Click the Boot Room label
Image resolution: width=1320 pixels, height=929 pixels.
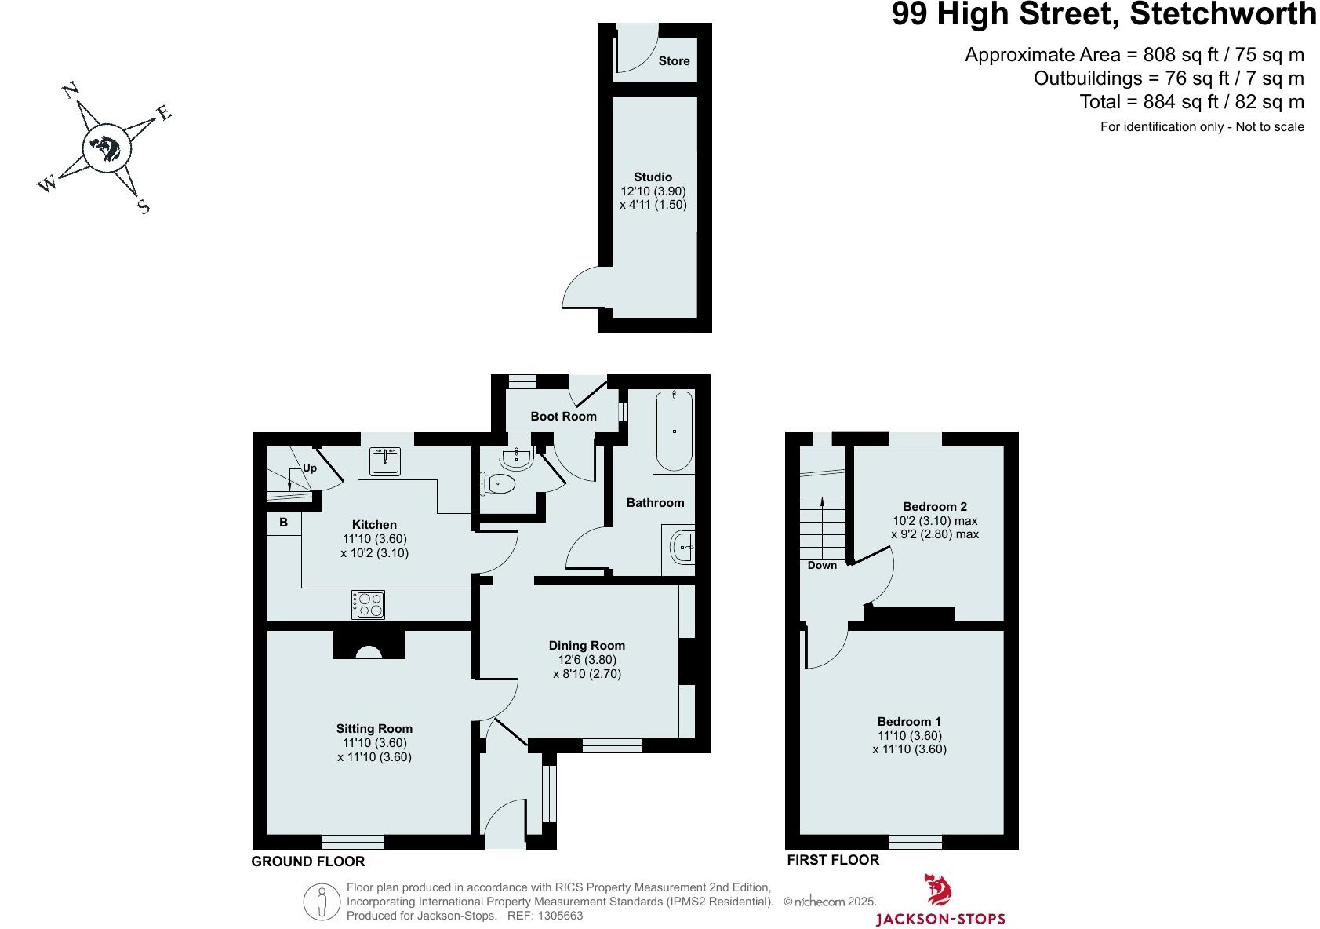tap(563, 416)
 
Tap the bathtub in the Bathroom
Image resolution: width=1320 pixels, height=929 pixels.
tap(673, 431)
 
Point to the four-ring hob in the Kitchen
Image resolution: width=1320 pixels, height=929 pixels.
tap(369, 603)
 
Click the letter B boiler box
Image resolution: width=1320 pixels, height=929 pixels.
tap(283, 523)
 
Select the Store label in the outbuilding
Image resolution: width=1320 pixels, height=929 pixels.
tap(674, 60)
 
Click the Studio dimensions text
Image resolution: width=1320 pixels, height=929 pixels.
tap(653, 198)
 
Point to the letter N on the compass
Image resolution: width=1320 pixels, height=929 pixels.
tap(71, 89)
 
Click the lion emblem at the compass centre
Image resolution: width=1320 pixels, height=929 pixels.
tap(105, 147)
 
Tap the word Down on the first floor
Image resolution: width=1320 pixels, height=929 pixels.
tap(822, 565)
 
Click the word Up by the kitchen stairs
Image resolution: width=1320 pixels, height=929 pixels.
tap(310, 468)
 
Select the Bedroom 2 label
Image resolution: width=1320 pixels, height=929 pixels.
tap(934, 506)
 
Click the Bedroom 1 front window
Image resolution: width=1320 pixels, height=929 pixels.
tap(915, 842)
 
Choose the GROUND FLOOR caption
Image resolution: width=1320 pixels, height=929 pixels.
tap(307, 862)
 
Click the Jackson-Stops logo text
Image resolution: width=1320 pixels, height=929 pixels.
tap(940, 919)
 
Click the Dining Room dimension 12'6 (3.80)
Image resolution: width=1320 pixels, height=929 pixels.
tap(587, 660)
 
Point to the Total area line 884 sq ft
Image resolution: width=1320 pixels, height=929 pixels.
tap(1191, 102)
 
